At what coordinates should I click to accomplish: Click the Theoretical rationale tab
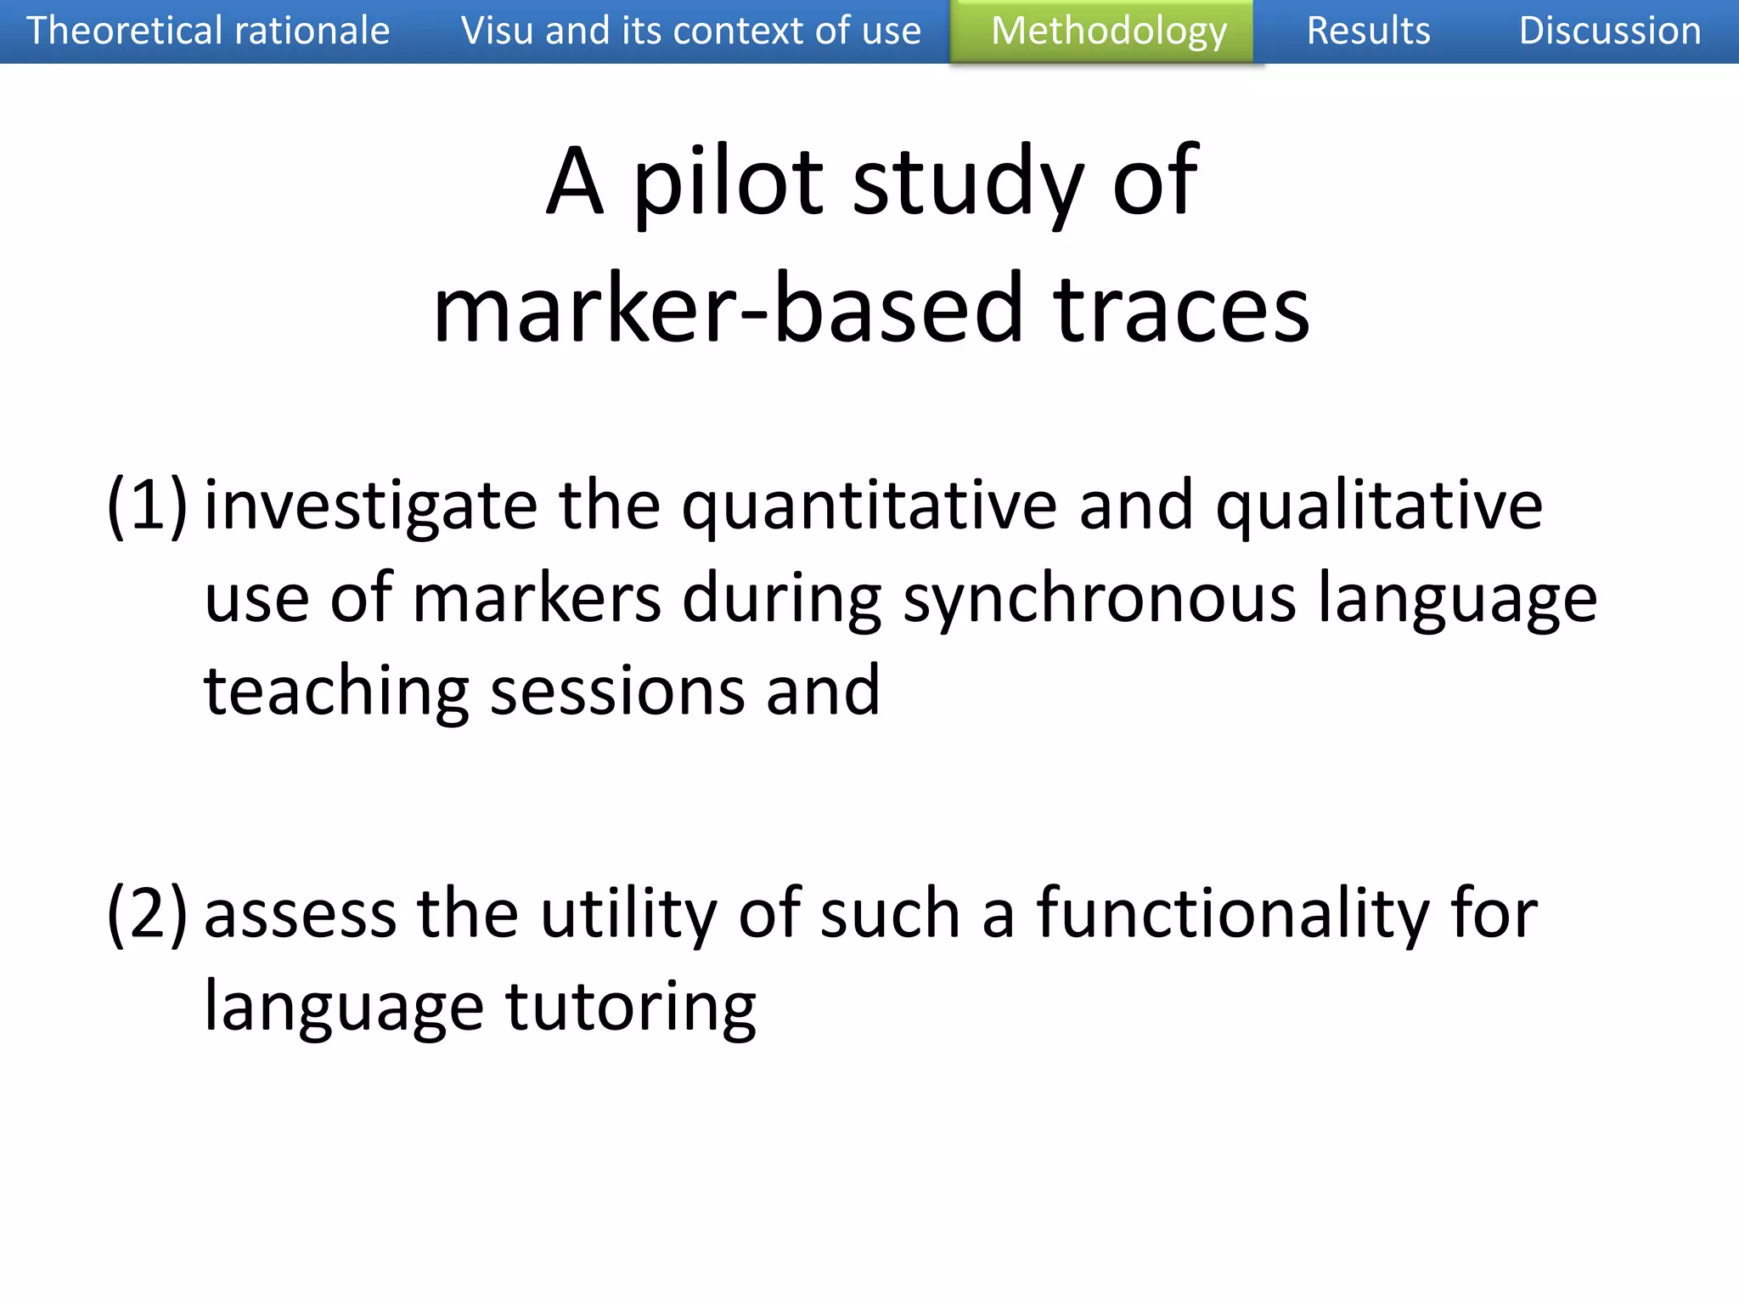tap(208, 31)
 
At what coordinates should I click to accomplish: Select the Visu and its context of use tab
tap(690, 31)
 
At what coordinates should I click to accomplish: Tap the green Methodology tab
tap(1108, 31)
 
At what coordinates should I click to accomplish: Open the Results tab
tap(1368, 31)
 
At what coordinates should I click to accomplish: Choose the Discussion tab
tap(1609, 31)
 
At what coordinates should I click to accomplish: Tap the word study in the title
tap(967, 182)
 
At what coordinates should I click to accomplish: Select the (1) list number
tap(147, 506)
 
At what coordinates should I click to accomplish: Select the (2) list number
tap(147, 914)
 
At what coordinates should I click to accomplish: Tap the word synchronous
tap(1100, 600)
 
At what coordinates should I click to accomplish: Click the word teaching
tap(336, 692)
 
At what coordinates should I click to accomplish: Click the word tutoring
tap(630, 1008)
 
